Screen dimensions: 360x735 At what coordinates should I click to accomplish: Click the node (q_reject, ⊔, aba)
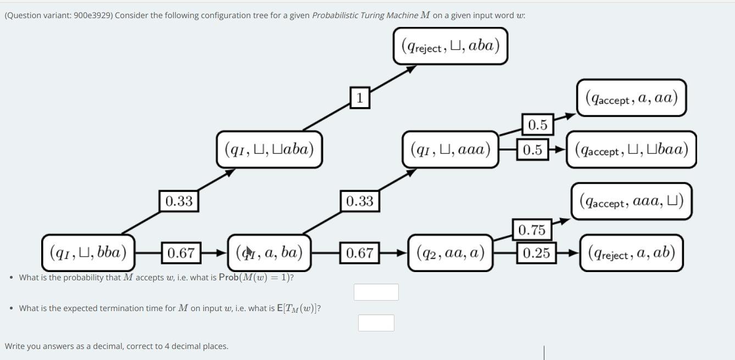[450, 46]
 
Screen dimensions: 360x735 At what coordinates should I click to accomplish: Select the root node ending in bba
[88, 253]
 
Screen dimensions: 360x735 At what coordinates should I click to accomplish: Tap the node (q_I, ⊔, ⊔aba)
[269, 149]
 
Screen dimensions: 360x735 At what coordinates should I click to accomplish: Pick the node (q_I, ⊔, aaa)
[450, 149]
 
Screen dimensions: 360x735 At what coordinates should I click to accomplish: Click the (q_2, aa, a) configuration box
[450, 253]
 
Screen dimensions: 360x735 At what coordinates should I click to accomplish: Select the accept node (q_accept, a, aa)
[631, 98]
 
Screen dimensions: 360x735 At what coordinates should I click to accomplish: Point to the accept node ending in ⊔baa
[631, 149]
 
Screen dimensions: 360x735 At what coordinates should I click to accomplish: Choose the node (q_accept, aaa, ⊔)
[631, 201]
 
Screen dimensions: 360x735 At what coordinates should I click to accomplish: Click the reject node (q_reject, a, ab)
[631, 253]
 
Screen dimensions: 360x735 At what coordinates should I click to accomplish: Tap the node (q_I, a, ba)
[269, 253]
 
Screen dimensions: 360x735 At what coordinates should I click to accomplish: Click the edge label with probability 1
[359, 98]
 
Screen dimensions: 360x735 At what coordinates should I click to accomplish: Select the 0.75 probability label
[531, 230]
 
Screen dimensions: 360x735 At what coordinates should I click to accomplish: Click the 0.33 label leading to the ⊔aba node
[179, 201]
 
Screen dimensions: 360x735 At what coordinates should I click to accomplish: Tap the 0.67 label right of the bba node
[181, 253]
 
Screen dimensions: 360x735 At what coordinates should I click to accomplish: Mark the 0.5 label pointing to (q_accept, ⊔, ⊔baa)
[532, 149]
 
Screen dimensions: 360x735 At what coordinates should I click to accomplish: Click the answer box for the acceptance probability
[376, 292]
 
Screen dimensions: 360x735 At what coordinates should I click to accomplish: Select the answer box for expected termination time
[376, 323]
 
